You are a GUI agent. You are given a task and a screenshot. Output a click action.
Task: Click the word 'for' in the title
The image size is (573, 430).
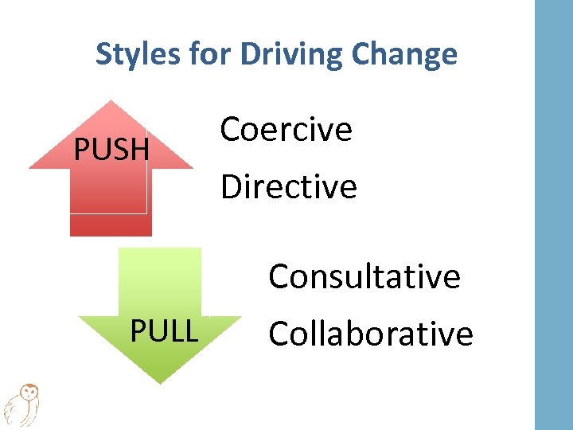point(210,54)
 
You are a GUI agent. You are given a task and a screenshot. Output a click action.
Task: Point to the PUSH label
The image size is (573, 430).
point(111,149)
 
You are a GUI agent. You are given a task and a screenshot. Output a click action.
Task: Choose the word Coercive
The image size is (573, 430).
point(286,129)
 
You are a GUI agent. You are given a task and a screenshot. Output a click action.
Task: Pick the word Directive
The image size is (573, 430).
point(289,187)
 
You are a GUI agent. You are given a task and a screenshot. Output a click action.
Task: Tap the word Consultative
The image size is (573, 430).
point(364,277)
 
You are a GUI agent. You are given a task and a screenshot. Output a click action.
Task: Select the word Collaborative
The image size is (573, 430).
point(371,334)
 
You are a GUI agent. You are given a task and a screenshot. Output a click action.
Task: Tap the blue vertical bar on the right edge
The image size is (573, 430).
point(553,215)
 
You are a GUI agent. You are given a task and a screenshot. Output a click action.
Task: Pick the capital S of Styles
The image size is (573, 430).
point(103,54)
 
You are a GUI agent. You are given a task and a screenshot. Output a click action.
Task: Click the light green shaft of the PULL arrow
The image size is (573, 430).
point(159,279)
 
